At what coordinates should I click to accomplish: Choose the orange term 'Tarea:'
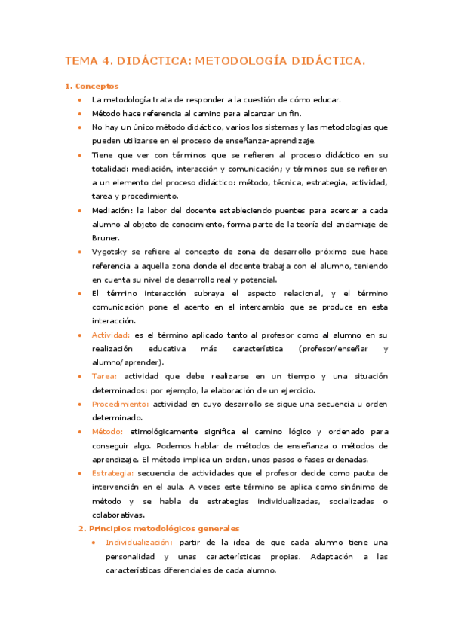tap(105, 376)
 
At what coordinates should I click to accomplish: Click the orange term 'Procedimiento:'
tap(119, 404)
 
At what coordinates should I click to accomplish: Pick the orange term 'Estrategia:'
tap(113, 473)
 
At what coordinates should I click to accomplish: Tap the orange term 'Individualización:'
tap(139, 543)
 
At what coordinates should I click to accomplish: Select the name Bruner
tap(105, 237)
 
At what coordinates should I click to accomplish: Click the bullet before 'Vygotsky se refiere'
tap(79, 252)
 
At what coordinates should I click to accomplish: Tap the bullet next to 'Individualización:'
tap(93, 543)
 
